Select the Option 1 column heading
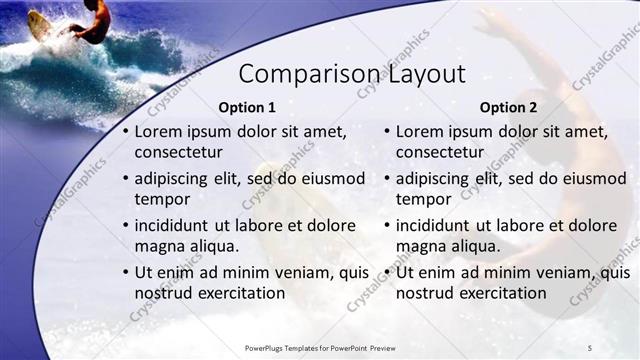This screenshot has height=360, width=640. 246,107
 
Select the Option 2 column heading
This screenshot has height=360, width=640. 508,107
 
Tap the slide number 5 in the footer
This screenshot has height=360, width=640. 590,347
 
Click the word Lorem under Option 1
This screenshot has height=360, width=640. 157,131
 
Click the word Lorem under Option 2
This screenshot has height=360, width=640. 419,131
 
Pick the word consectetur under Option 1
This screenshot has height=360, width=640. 179,152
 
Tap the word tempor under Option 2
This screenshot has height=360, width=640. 425,199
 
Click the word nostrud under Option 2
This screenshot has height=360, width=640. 426,293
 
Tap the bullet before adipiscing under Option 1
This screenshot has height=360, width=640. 125,179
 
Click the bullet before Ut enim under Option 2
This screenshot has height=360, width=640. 387,273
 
